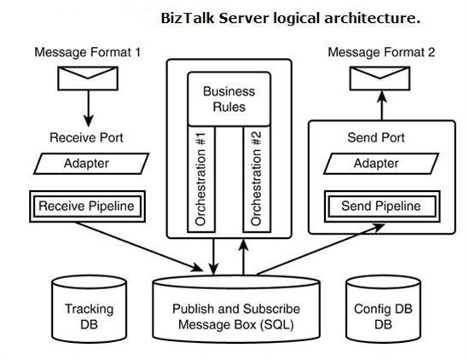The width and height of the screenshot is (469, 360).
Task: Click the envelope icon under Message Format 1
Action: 88,78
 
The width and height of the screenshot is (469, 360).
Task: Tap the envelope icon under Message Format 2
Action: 379,78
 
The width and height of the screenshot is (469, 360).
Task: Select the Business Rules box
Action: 229,99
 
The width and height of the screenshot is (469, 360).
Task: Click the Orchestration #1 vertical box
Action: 201,179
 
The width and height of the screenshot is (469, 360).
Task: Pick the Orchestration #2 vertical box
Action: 257,179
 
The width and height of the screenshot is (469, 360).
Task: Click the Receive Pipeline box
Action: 87,206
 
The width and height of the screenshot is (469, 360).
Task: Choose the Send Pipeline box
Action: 382,206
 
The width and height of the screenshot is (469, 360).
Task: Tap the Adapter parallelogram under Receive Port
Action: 91,164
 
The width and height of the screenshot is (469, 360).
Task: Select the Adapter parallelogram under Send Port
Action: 381,164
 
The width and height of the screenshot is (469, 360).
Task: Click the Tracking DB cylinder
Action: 90,309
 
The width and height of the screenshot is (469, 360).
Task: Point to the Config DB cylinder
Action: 384,309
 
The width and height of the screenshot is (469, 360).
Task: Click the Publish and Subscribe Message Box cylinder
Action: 236,310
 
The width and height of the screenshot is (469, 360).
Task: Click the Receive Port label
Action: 86,138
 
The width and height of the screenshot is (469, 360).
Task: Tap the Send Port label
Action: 376,138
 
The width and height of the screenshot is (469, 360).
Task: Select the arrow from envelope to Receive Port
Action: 88,108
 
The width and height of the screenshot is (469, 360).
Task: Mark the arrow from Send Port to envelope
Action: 382,106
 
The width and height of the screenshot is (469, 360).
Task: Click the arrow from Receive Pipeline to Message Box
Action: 138,247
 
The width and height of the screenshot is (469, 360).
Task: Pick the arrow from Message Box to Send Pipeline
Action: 321,249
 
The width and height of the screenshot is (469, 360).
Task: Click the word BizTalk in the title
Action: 188,18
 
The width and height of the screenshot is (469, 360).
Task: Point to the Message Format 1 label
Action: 87,52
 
